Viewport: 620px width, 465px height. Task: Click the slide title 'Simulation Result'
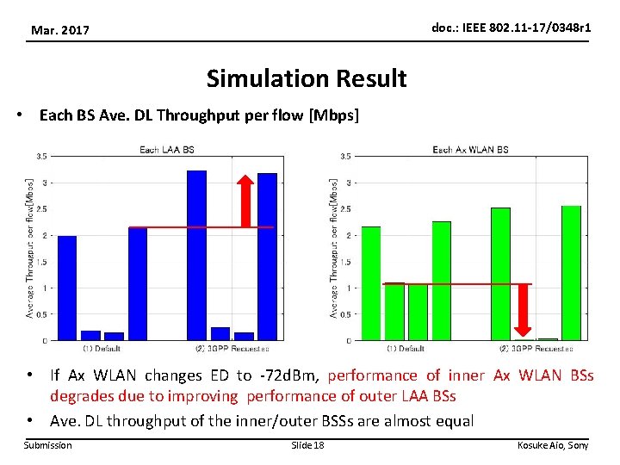307,79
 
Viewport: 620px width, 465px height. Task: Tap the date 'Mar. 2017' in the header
61,31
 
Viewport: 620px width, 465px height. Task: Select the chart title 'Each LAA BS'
167,150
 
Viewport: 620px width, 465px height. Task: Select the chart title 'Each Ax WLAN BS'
470,150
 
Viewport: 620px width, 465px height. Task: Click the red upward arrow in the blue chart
245,201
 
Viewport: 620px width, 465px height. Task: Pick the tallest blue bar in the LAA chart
196,255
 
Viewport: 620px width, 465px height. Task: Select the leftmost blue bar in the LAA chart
67,288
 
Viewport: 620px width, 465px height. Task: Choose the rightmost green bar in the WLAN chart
571,273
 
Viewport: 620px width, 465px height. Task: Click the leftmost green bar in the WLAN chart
371,283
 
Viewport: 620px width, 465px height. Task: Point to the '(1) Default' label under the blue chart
102,349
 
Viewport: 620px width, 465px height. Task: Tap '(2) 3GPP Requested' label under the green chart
536,349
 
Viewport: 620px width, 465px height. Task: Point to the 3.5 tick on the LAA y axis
41,157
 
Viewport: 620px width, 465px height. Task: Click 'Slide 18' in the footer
307,445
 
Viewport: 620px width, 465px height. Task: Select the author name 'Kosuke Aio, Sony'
552,445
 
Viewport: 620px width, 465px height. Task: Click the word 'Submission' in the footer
48,445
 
